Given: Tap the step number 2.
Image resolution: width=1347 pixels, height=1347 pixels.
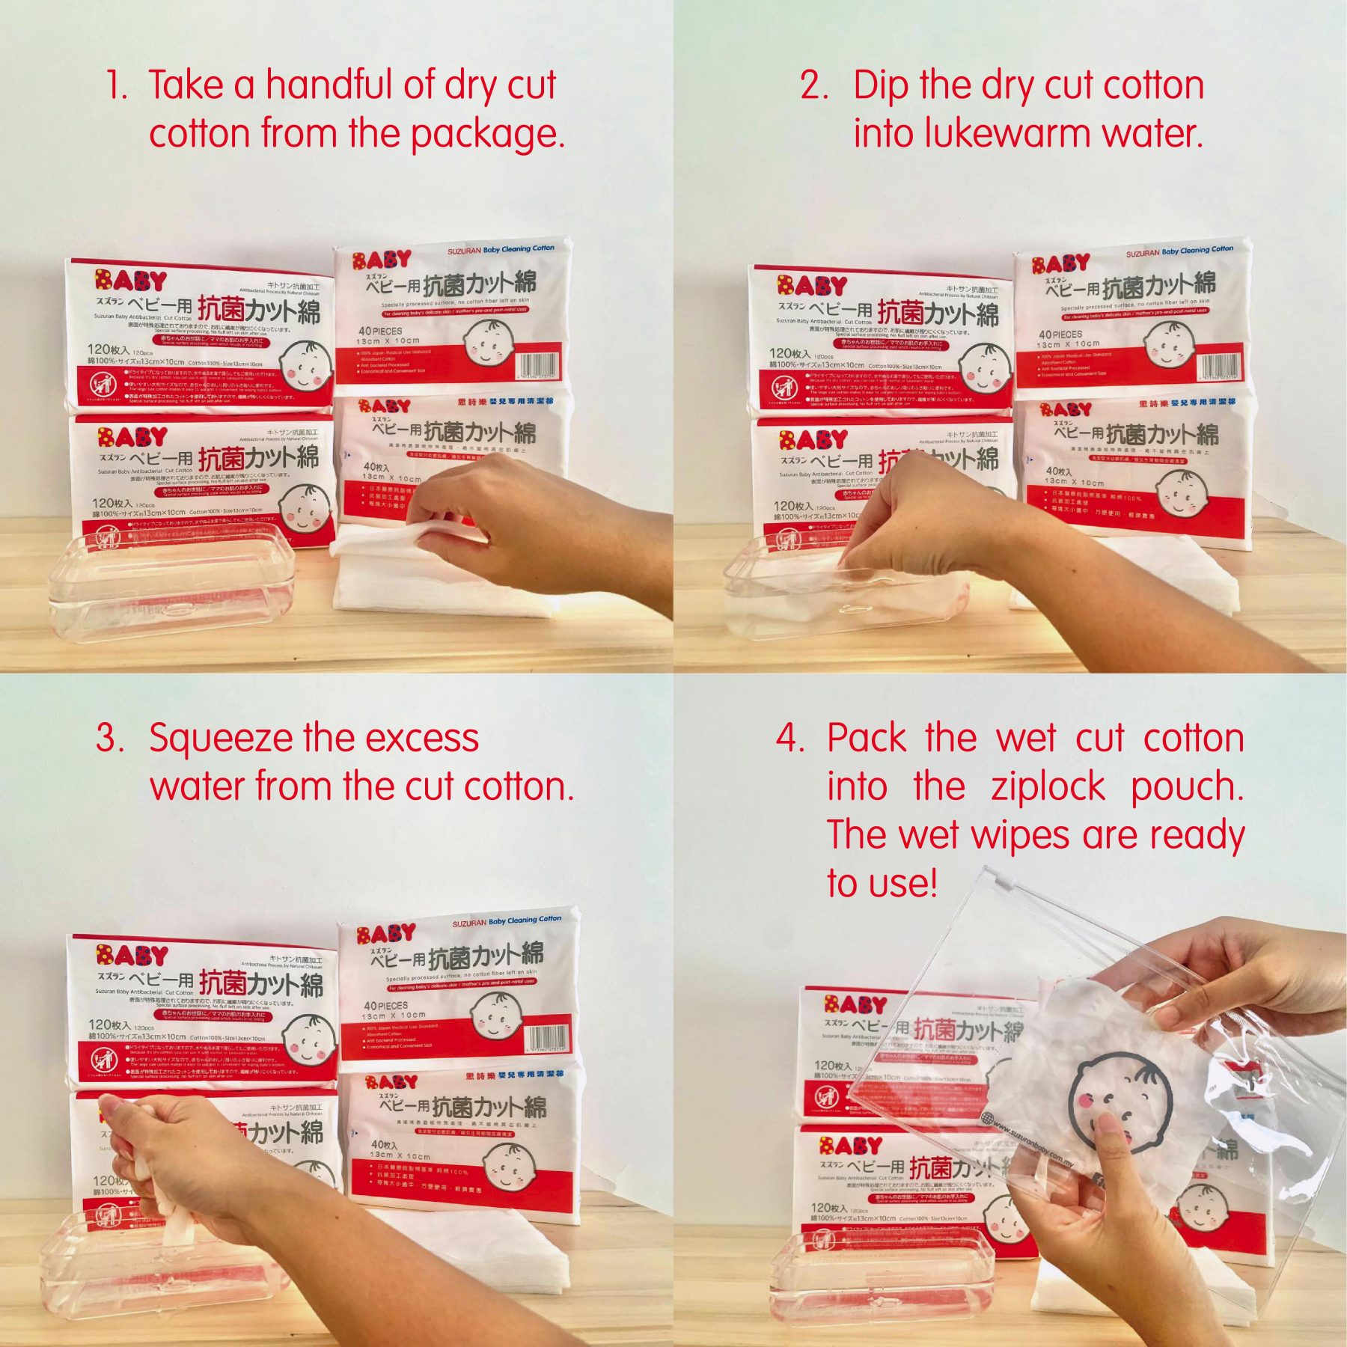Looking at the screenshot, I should click(x=813, y=85).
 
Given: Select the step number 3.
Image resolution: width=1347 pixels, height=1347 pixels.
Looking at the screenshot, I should click(x=109, y=739).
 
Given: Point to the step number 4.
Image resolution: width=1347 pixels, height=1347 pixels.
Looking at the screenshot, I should click(x=789, y=739).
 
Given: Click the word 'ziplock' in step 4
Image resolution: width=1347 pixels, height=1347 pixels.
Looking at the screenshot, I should click(x=1048, y=787).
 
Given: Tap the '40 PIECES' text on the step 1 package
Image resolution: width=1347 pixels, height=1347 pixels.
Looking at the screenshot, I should click(x=379, y=331).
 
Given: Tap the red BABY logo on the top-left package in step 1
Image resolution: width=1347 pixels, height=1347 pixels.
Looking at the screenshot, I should click(x=130, y=281).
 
